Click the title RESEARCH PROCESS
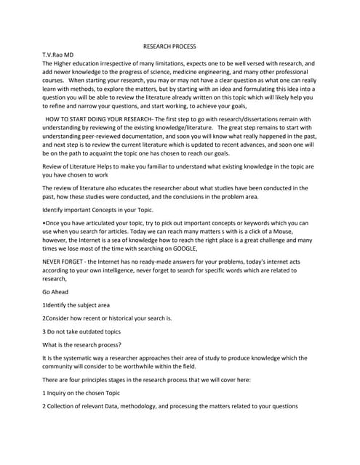[x=169, y=46]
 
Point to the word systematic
[x=78, y=358]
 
